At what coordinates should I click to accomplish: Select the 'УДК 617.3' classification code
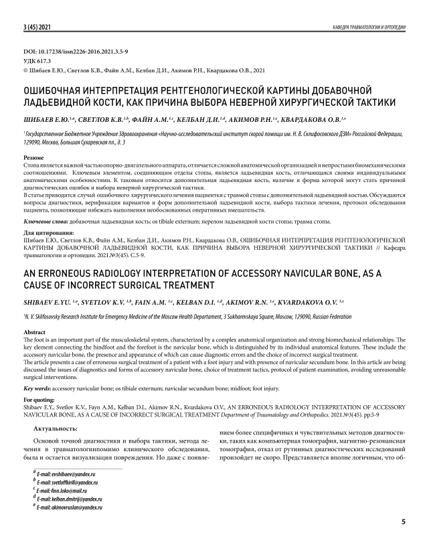(x=41, y=60)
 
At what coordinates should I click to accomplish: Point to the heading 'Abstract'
(x=35, y=332)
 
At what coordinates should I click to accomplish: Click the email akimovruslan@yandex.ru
(x=70, y=507)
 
